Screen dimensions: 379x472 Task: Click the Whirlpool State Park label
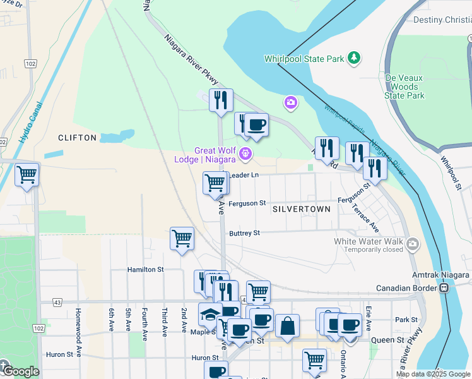304,59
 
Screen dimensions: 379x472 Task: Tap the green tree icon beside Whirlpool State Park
355,58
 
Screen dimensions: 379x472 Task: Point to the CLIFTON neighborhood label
77,138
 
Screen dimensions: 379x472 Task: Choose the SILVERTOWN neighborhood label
302,208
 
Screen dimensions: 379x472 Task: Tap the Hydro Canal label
31,122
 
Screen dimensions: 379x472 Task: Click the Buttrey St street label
244,233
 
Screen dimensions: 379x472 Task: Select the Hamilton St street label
145,269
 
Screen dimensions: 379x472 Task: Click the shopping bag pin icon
287,326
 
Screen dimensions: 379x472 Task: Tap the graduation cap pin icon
209,314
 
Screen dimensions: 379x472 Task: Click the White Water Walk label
369,241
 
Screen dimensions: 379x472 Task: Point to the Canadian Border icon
444,288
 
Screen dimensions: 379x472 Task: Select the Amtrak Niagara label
442,275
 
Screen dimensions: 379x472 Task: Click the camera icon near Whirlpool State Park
290,102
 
